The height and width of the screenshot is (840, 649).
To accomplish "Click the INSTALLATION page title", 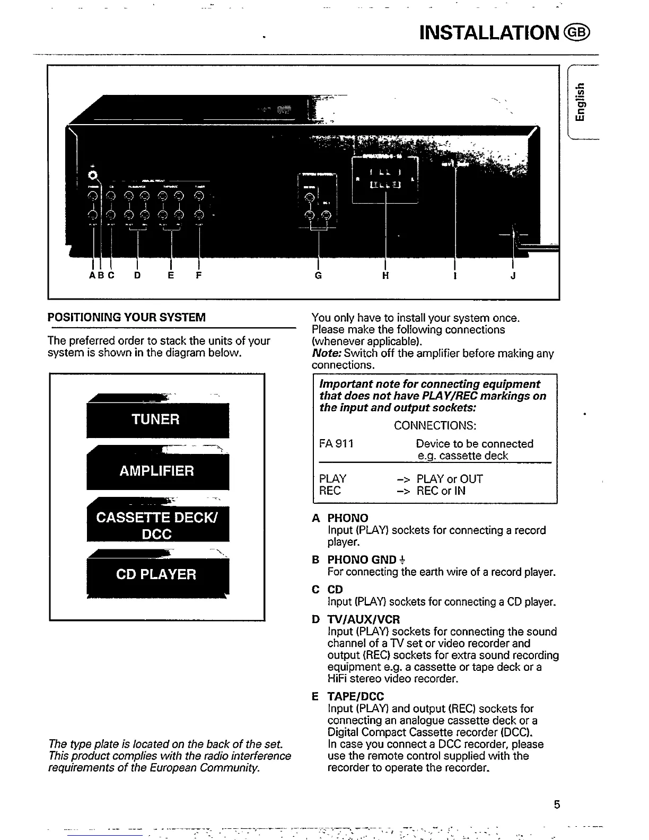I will click(x=489, y=32).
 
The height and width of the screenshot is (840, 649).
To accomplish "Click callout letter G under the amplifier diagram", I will click(x=318, y=276).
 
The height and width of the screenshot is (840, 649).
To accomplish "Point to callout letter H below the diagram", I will click(x=385, y=276).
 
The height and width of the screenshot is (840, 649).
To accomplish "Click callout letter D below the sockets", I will click(x=137, y=276).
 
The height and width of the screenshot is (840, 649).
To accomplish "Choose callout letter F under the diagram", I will click(x=198, y=276).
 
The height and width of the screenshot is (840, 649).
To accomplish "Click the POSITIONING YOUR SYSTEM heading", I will click(x=126, y=318).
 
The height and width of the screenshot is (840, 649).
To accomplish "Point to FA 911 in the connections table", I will click(x=336, y=443).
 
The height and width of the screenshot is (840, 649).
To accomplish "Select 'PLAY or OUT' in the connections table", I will click(x=450, y=479).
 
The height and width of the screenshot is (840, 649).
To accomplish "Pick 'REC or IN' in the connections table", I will click(x=441, y=491).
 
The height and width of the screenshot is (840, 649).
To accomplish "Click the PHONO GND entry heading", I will click(x=362, y=559).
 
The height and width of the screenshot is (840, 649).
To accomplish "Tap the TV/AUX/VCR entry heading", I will click(x=363, y=619).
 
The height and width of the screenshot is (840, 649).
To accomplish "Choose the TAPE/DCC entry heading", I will click(x=355, y=696).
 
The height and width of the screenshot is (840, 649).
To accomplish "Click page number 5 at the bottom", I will click(x=557, y=804).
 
